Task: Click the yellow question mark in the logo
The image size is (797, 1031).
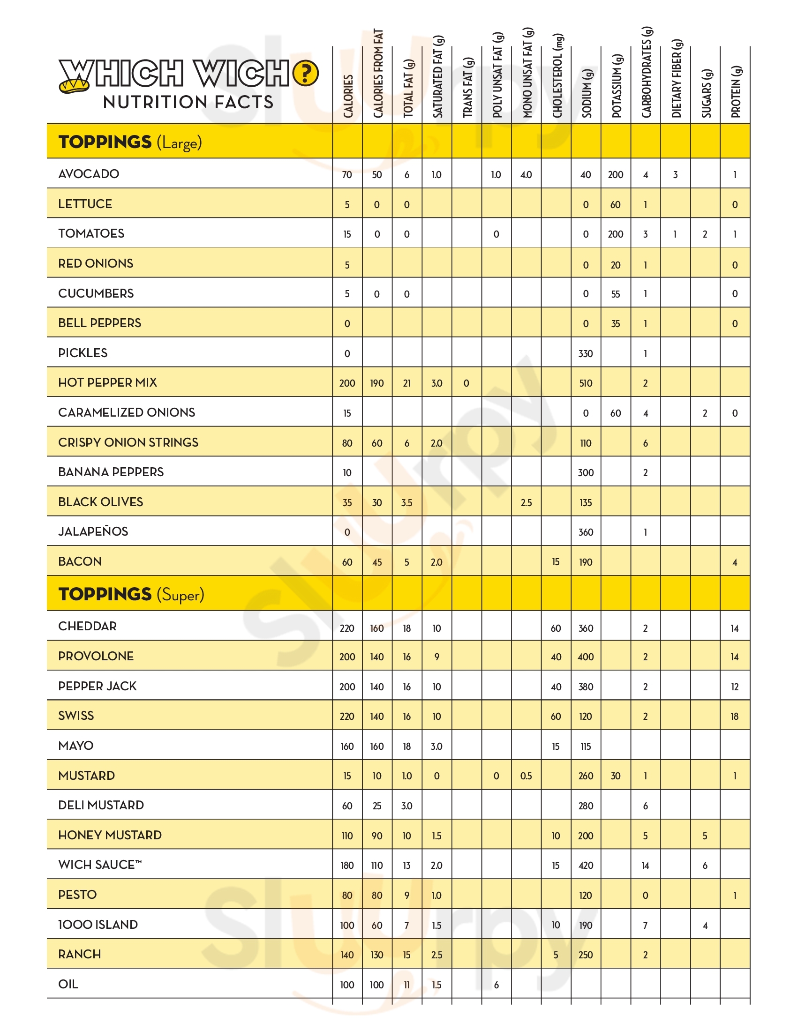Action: coord(306,74)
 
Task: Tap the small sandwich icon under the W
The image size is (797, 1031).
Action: coord(74,85)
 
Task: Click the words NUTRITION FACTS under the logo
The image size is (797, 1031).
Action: coord(188,102)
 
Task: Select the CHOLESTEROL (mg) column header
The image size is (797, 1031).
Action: coord(556,76)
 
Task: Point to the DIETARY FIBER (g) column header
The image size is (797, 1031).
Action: coord(676,78)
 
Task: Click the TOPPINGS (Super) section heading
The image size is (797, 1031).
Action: coord(131,594)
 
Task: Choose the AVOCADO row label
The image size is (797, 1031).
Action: coord(89,174)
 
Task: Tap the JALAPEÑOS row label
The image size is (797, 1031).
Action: coord(93,531)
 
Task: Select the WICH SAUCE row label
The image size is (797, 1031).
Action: coord(99,864)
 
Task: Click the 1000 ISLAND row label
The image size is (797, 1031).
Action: coord(98,924)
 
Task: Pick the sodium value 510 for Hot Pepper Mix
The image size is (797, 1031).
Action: coord(586,383)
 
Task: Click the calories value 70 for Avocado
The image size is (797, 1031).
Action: coord(347,175)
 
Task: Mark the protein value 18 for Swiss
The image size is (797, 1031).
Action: coord(734,717)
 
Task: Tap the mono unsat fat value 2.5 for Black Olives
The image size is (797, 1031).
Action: coord(526,503)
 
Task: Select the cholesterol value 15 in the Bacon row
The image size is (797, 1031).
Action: coord(556,562)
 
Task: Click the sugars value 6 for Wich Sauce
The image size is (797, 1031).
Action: coord(705,865)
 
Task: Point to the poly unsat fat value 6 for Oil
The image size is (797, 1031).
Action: coord(496,985)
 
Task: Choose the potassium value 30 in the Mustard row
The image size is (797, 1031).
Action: coord(615,776)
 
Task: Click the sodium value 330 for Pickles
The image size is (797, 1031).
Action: coord(586,353)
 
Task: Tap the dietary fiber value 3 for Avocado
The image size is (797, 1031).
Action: coord(675,175)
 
